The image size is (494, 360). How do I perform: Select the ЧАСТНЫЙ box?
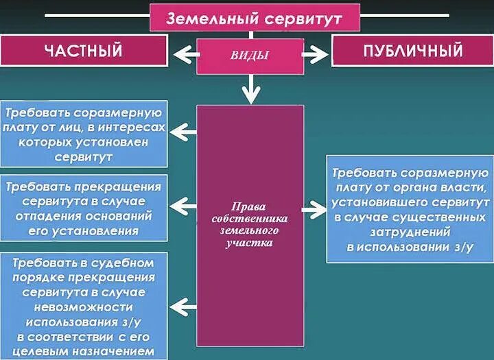pyautogui.click(x=83, y=50)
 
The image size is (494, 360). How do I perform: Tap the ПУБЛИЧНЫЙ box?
pyautogui.click(x=412, y=51)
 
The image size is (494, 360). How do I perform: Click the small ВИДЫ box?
pyautogui.click(x=250, y=56)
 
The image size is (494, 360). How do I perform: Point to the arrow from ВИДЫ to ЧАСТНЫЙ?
pyautogui.click(x=183, y=53)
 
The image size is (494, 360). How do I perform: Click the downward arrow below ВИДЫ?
pyautogui.click(x=252, y=87)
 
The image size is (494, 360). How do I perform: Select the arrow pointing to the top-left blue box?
pyautogui.click(x=183, y=131)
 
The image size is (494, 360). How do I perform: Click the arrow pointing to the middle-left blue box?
pyautogui.click(x=183, y=203)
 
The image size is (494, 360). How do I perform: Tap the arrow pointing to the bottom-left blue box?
pyautogui.click(x=183, y=305)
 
